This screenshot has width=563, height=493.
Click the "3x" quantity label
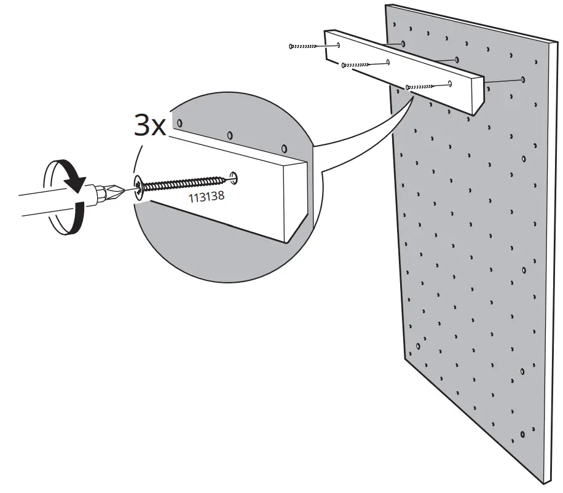coord(150,125)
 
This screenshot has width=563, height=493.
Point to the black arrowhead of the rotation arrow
coord(77,183)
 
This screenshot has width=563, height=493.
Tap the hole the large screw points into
coord(234,178)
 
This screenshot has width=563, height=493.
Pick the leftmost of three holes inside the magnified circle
coord(179,124)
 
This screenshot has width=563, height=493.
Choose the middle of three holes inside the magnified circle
coord(230,135)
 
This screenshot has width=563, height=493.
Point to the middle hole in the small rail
coord(388,62)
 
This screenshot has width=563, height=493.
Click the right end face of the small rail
coord(477,97)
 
